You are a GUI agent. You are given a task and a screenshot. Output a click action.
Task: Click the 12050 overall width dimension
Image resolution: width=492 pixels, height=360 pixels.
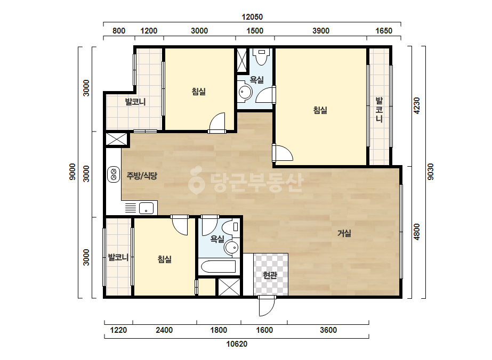coord(252,17)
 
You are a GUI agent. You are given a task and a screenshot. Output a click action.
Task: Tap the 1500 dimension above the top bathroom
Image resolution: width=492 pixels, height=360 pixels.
coord(255,31)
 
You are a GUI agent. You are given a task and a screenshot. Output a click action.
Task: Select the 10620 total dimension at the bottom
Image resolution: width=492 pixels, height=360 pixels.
coord(237,344)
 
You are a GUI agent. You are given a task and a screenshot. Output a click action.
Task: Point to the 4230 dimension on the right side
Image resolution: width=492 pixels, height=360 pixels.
coord(417,105)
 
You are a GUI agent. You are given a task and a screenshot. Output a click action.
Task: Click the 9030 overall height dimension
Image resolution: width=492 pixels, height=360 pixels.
coord(431,171)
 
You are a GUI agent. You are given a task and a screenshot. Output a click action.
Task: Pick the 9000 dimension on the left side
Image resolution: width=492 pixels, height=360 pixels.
coord(72,171)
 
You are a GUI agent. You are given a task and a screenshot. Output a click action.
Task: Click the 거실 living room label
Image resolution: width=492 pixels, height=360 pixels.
coord(344,233)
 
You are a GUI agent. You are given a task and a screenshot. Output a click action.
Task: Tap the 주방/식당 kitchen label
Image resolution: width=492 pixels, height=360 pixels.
coord(141,176)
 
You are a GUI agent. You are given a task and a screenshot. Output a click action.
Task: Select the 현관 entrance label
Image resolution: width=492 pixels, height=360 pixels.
coord(270,275)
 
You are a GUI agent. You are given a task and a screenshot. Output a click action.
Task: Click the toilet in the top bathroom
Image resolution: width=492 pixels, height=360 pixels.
coord(262,56)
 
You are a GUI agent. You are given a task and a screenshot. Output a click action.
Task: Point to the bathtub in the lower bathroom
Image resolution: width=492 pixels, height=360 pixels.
coord(219,267)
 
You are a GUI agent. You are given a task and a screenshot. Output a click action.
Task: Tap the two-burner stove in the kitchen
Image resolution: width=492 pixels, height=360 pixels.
coord(114,175)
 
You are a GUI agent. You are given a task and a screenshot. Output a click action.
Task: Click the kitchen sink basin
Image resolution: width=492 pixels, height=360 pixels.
coord(146,208)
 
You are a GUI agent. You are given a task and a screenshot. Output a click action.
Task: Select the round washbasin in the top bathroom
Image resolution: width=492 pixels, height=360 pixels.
coord(245,93)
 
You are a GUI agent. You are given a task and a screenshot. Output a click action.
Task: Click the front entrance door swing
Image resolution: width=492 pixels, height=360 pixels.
coord(267,306)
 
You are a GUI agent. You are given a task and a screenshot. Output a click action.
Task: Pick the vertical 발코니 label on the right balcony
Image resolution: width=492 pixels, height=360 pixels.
coord(379,110)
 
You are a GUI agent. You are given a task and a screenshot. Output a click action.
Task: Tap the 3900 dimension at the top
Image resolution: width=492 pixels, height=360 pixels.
coord(321,31)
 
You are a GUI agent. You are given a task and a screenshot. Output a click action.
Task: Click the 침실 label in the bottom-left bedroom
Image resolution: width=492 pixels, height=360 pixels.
coord(164,259)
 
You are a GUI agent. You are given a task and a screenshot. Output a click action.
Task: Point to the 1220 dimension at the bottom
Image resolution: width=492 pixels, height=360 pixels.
coord(118,330)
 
